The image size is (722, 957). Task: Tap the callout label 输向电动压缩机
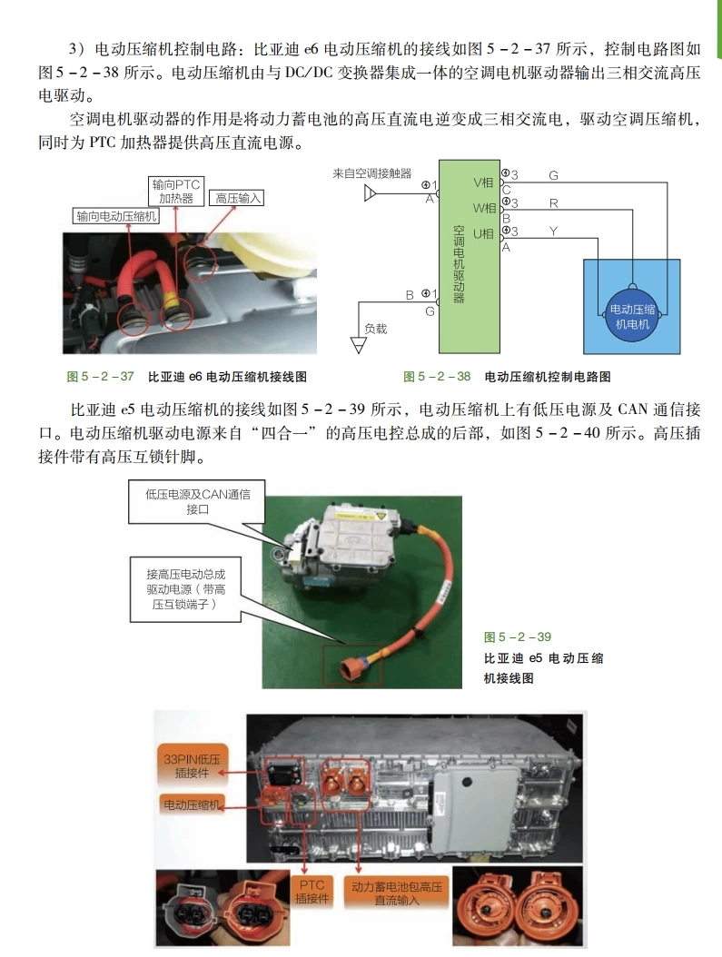[117, 216]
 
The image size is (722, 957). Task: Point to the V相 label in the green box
[483, 182]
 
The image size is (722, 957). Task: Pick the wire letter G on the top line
[553, 175]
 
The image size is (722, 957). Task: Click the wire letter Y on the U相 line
[553, 232]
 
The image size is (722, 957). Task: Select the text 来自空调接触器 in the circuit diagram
[371, 173]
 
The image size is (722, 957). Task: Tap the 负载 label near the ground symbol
[375, 328]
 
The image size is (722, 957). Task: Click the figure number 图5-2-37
[100, 376]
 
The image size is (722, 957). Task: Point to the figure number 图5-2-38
[437, 376]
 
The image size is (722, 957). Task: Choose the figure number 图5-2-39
[518, 636]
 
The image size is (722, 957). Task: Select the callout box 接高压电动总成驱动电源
[185, 588]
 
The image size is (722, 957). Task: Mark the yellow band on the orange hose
[172, 299]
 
